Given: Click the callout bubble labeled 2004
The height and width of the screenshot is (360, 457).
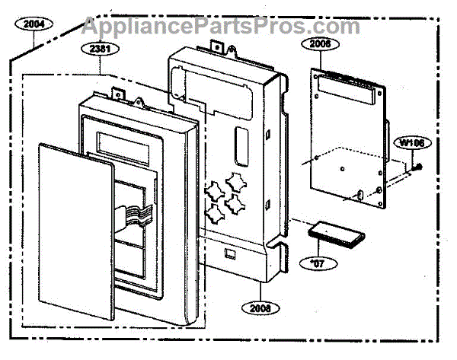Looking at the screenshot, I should coord(34,24).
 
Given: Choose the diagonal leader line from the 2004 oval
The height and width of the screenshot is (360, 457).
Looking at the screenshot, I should coord(21,43).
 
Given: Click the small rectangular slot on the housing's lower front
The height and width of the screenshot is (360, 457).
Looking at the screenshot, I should coord(231,248).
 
